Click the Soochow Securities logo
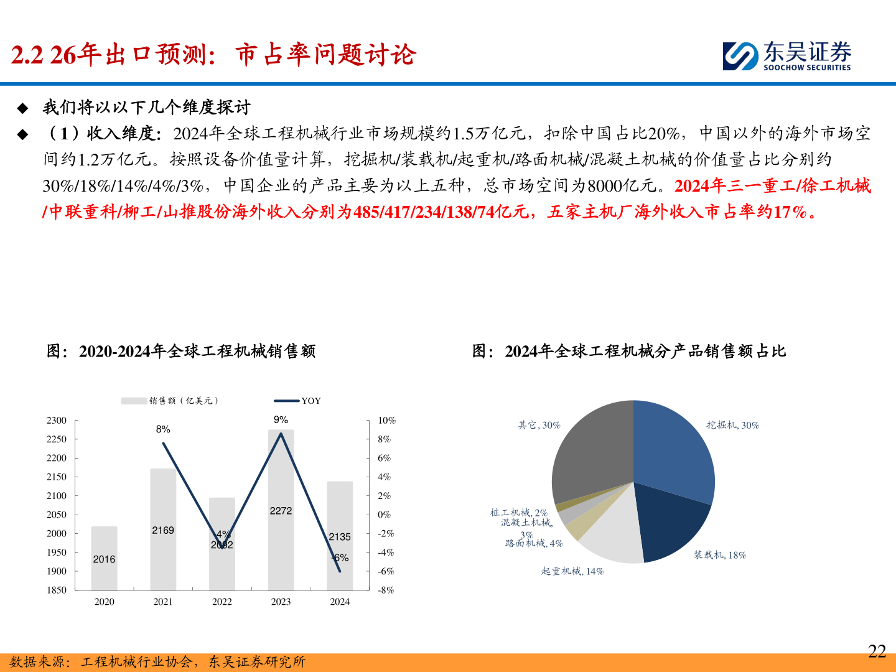click(x=786, y=56)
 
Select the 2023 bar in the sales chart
click(x=281, y=535)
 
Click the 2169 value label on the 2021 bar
click(x=163, y=530)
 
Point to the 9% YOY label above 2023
click(x=281, y=420)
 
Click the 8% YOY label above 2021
click(x=163, y=429)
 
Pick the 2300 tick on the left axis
click(x=57, y=421)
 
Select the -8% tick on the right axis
click(x=386, y=590)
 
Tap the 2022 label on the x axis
click(x=222, y=602)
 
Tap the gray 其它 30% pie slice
click(x=591, y=448)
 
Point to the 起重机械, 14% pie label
click(x=572, y=571)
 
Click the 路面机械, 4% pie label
click(x=534, y=543)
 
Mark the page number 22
click(x=877, y=651)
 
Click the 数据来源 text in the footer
click(x=37, y=662)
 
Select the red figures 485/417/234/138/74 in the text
click(x=423, y=212)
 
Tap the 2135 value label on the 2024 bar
click(x=340, y=536)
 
